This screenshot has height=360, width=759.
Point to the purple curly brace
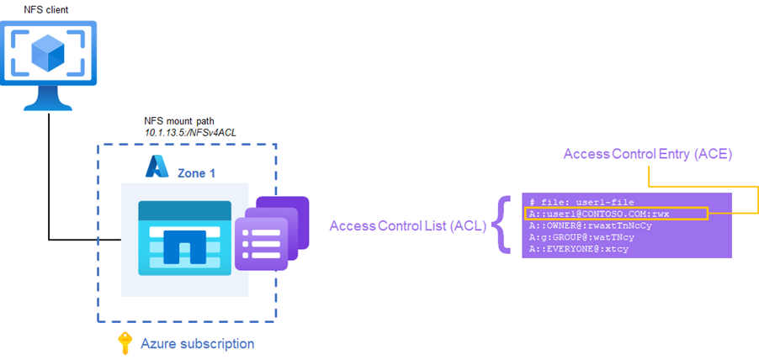[503, 225]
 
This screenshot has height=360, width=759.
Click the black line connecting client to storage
[49, 185]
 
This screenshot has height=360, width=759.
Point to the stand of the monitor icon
[48, 101]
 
